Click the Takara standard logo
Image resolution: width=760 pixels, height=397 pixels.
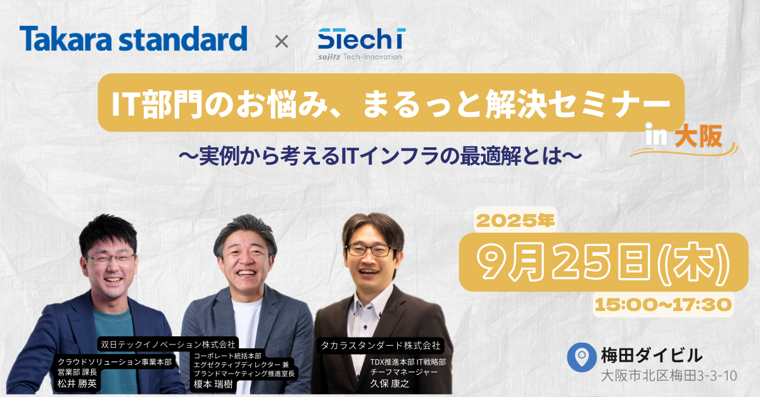(x=134, y=39)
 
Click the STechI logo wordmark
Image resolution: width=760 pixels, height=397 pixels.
(x=362, y=39)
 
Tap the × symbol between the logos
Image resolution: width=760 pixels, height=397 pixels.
(x=282, y=42)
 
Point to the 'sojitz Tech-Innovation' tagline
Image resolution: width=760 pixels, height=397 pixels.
(x=360, y=57)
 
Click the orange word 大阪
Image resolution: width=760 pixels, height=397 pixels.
(x=698, y=137)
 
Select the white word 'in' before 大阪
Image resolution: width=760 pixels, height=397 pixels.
(x=656, y=135)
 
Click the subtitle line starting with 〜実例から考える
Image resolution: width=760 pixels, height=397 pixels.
(x=381, y=157)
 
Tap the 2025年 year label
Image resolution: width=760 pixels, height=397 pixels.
(x=516, y=221)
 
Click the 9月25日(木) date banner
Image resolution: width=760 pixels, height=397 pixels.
(x=604, y=262)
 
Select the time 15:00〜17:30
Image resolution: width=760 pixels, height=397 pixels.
(x=663, y=305)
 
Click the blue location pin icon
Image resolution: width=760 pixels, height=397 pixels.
(x=581, y=357)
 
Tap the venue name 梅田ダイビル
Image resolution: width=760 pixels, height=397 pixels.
(x=652, y=355)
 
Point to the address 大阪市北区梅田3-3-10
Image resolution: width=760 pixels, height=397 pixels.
(x=669, y=376)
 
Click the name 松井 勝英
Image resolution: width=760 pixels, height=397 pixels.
(x=77, y=384)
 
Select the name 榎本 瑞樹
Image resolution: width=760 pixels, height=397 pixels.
(x=213, y=384)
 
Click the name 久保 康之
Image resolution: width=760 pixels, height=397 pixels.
(x=389, y=384)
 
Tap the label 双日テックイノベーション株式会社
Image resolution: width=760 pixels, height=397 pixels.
(x=168, y=345)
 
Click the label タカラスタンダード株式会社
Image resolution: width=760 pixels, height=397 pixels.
(x=381, y=346)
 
